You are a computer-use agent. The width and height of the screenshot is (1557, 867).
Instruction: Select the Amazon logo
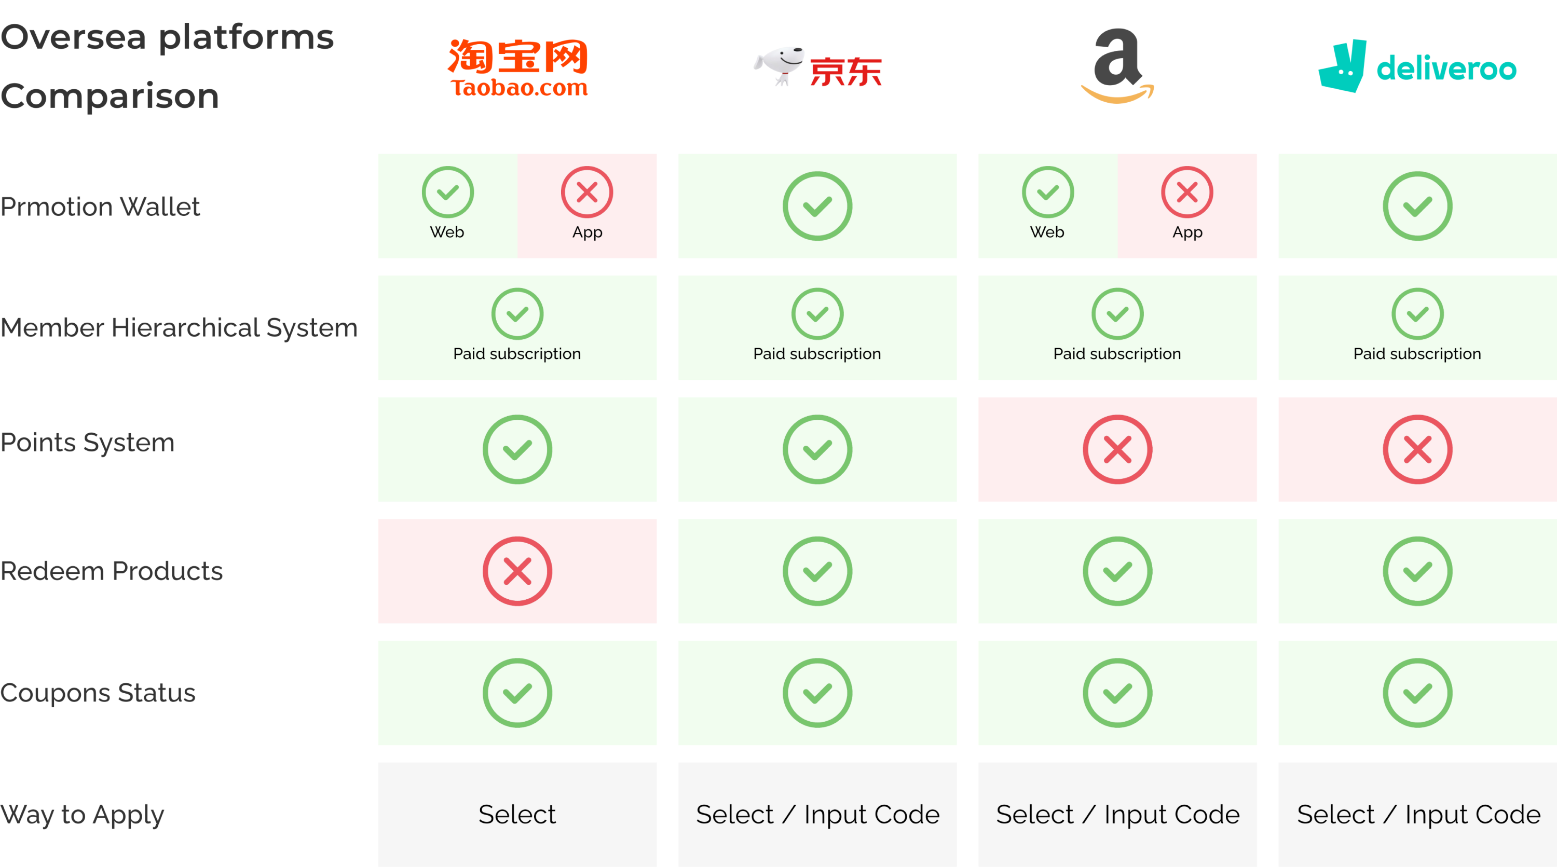[x=1117, y=65]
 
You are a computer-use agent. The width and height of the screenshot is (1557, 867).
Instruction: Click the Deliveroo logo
[x=1417, y=66]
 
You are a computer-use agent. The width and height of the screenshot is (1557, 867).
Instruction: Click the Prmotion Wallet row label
[x=100, y=207]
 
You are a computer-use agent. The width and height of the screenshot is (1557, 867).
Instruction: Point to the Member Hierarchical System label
[x=179, y=327]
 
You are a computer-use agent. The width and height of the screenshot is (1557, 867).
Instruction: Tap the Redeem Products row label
[x=112, y=571]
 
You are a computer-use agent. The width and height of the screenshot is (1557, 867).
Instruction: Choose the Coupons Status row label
[x=98, y=692]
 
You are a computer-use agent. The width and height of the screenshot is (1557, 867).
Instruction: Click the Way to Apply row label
[x=82, y=815]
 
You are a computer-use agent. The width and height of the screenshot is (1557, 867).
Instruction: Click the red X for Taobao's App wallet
[x=587, y=192]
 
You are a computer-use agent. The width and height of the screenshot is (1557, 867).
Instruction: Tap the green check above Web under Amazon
[x=1047, y=192]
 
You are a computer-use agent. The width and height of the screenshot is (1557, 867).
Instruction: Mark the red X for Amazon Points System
[x=1117, y=449]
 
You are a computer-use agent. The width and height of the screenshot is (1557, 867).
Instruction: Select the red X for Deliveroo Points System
[x=1417, y=449]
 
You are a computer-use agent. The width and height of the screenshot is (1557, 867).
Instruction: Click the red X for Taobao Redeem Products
[x=517, y=571]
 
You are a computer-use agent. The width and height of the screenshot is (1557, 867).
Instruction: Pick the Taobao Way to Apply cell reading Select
[x=517, y=815]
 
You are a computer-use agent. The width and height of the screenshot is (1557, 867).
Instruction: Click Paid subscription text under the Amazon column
[x=1117, y=353]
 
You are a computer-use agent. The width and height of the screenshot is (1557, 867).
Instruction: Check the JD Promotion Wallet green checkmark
[x=817, y=206]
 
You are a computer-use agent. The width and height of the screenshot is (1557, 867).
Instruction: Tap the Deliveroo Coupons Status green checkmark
[x=1417, y=692]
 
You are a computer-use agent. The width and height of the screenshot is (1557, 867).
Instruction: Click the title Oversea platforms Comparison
[x=168, y=66]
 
